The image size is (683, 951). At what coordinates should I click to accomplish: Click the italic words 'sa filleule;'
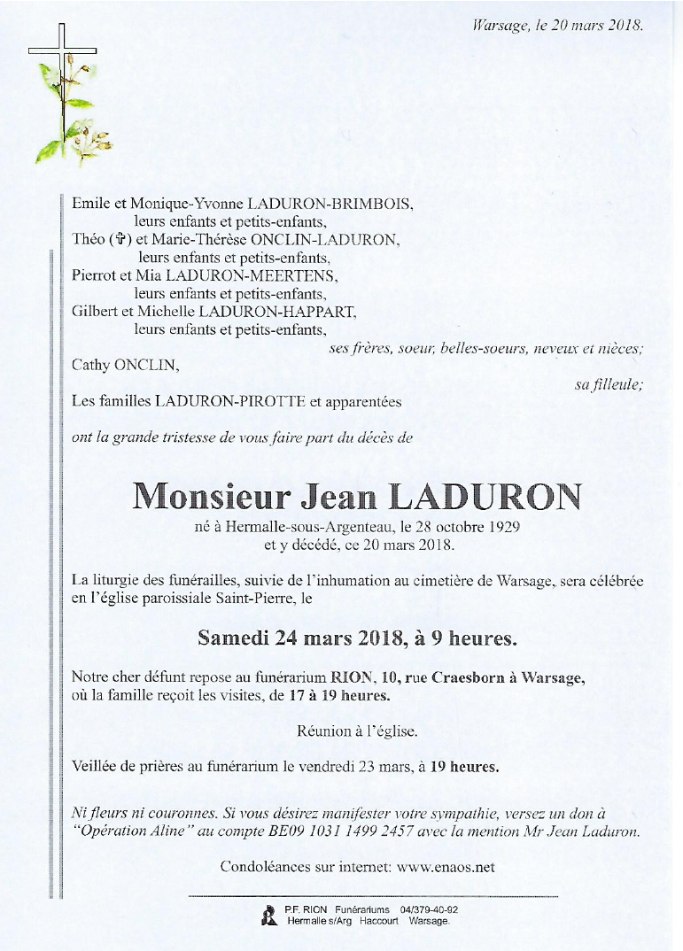[x=609, y=383]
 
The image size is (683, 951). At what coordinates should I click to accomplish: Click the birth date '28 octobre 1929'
[x=470, y=528]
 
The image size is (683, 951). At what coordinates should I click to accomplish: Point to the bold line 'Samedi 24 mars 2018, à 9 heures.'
[x=345, y=638]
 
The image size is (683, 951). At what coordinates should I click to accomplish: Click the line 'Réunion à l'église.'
[x=357, y=731]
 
